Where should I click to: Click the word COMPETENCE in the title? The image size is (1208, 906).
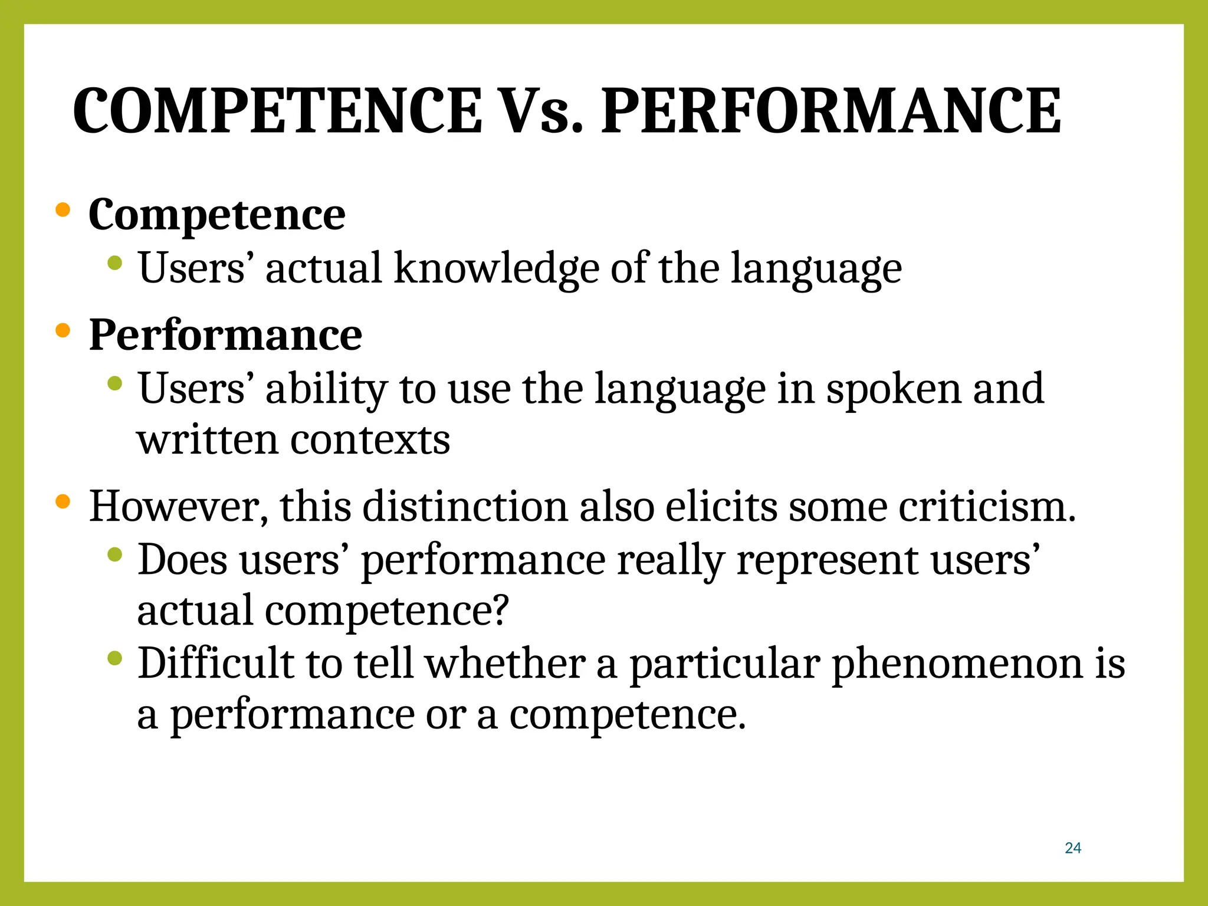[x=277, y=111]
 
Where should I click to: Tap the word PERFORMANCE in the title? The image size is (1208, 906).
[x=831, y=111]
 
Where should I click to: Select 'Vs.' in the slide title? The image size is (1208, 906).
[x=541, y=111]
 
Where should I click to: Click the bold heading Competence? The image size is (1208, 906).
[x=216, y=215]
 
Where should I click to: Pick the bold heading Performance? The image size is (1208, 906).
[x=225, y=335]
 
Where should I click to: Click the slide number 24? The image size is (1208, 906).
[x=1073, y=848]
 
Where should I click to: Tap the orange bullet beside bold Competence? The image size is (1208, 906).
[x=63, y=209]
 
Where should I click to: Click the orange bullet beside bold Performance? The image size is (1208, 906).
[x=63, y=330]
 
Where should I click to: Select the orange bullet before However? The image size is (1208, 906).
[x=63, y=502]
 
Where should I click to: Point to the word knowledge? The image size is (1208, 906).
[x=495, y=269]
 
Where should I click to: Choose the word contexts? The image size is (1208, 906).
[x=370, y=440]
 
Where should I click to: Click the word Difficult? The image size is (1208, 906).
[x=216, y=663]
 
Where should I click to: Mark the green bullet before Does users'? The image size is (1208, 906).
[x=115, y=554]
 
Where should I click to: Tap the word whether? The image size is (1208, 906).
[x=505, y=663]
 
